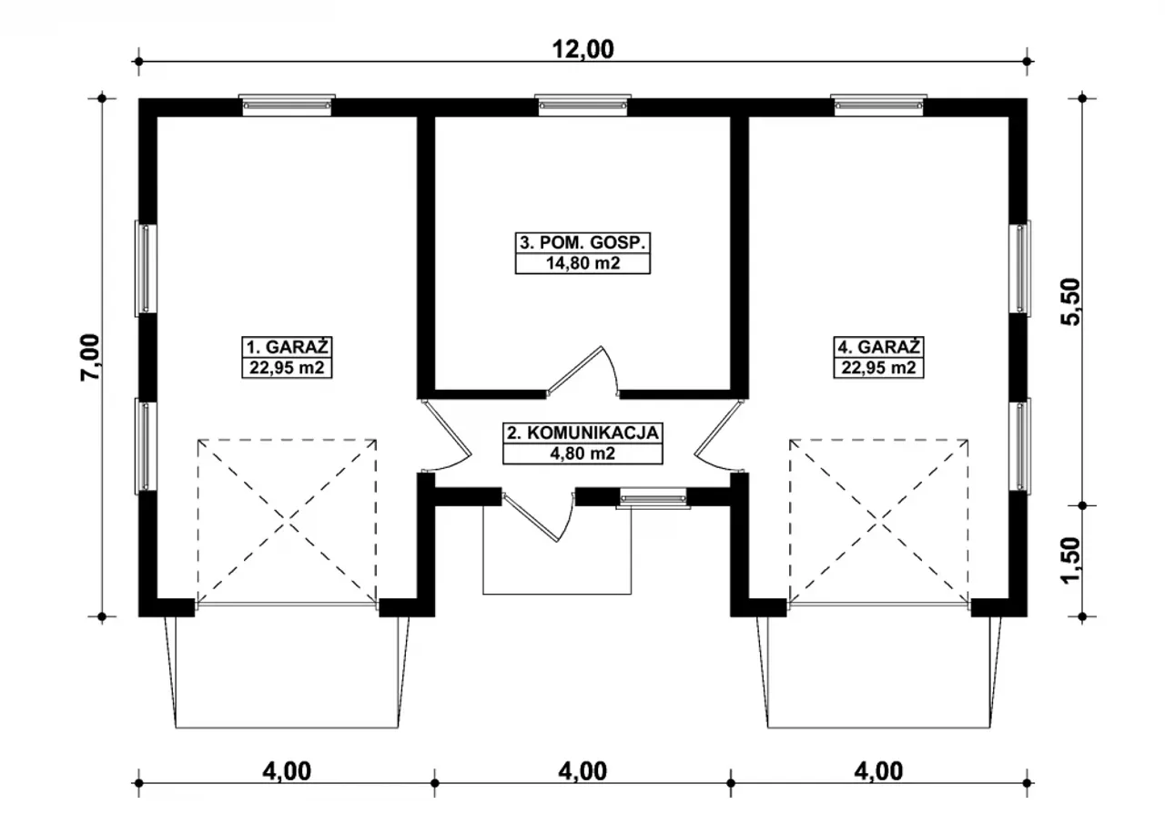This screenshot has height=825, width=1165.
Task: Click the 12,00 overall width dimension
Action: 582,50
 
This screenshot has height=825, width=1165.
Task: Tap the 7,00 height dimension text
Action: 90,357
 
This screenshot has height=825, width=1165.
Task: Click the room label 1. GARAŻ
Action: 287,347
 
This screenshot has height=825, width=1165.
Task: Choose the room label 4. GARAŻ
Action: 878,347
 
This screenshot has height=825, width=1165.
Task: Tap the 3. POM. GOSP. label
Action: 582,243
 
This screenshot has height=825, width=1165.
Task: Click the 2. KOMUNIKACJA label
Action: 582,433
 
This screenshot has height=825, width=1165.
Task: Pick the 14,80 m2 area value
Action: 582,263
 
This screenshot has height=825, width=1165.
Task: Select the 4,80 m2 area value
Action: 582,453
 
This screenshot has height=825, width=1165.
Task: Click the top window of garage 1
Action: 287,105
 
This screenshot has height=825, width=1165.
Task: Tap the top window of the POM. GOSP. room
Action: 582,105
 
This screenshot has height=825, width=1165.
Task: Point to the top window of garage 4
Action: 878,105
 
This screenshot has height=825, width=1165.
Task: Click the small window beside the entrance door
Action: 653,498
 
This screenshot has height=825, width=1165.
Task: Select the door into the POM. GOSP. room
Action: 582,371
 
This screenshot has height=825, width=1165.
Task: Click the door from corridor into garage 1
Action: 446,436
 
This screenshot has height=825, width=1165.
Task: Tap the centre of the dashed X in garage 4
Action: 879,522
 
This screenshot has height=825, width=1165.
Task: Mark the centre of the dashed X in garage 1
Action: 287,522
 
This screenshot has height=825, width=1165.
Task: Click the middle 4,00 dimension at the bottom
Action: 582,771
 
